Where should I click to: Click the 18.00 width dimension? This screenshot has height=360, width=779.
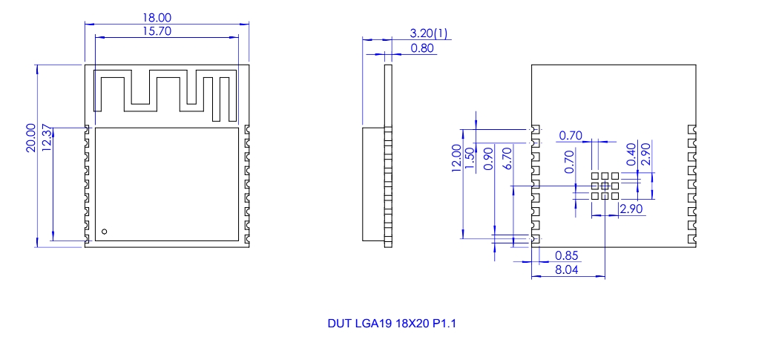click(x=167, y=16)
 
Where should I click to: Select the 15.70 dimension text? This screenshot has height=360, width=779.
click(x=167, y=30)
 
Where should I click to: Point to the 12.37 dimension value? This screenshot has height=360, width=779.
click(x=47, y=138)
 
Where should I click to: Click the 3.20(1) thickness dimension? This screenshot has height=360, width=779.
click(x=429, y=33)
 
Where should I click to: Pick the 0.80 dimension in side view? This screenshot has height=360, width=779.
click(x=421, y=48)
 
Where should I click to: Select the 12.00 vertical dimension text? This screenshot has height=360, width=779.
click(x=456, y=158)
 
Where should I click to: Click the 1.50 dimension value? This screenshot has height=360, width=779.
click(x=469, y=158)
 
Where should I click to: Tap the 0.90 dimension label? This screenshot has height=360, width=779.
click(x=488, y=158)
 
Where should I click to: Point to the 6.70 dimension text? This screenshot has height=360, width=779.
click(x=507, y=158)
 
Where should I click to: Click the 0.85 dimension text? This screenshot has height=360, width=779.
click(x=567, y=256)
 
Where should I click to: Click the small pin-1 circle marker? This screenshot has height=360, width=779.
click(x=105, y=232)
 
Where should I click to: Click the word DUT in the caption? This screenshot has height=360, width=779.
click(x=338, y=324)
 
